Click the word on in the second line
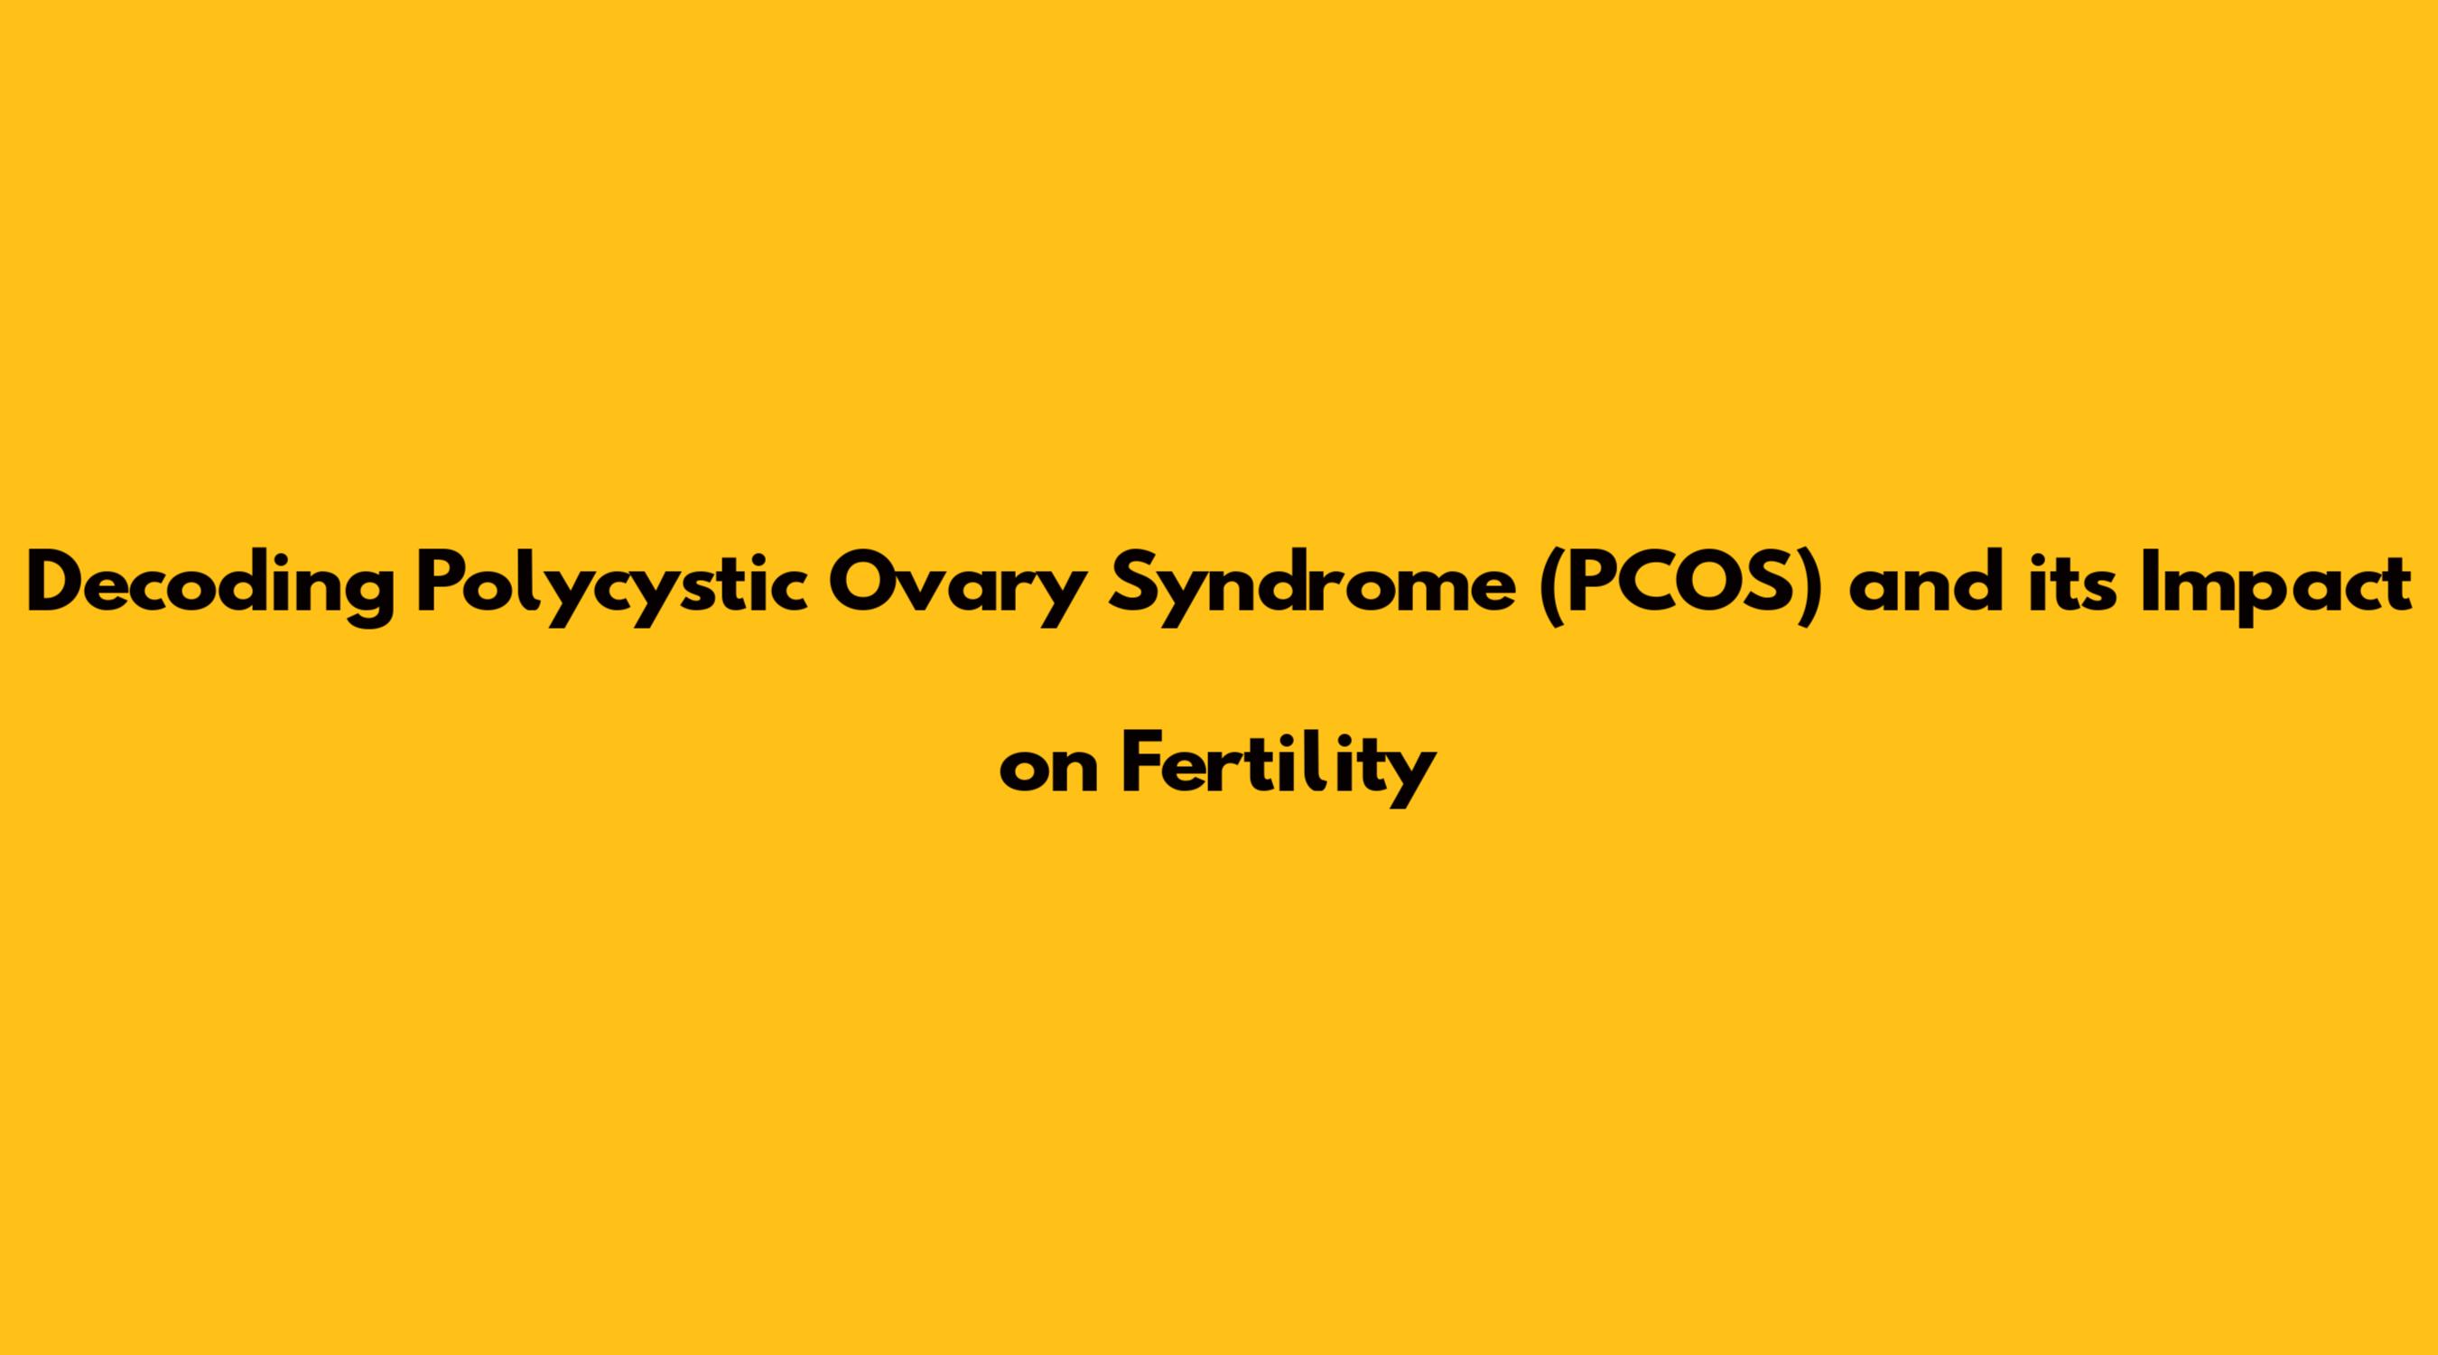pyautogui.click(x=1048, y=771)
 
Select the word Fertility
pyautogui.click(x=1279, y=770)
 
